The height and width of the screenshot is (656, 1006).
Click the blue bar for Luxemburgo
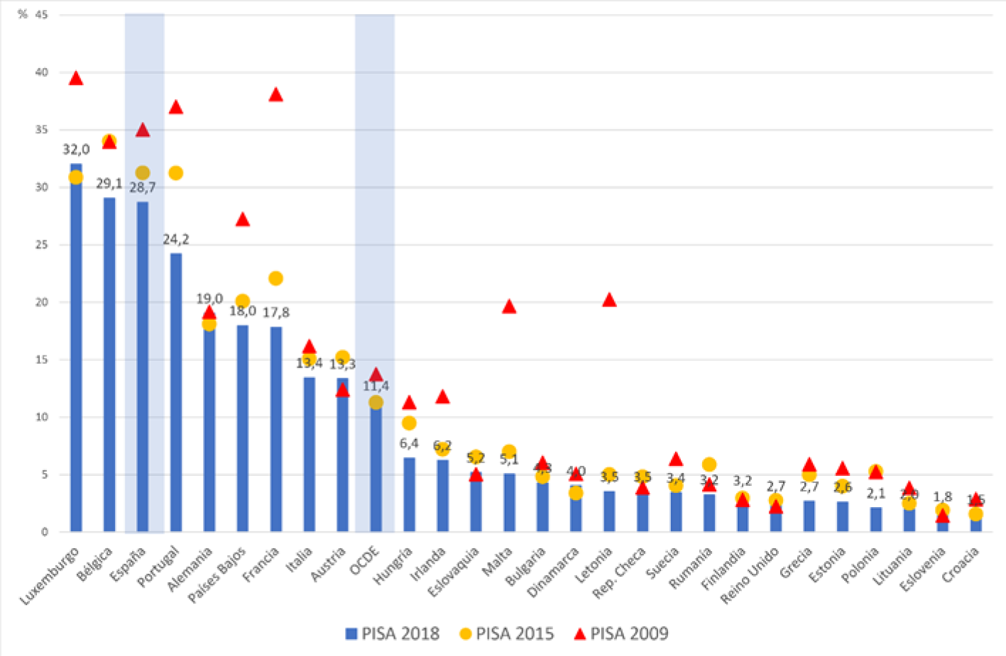click(x=76, y=355)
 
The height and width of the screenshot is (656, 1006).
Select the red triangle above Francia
click(x=275, y=95)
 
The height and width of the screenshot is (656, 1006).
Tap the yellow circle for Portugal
click(x=176, y=173)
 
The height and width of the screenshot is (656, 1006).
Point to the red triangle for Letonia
click(x=609, y=300)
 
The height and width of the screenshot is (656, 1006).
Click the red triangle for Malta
click(x=509, y=307)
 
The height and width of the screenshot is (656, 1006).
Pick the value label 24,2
click(x=176, y=240)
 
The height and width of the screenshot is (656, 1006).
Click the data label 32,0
click(x=76, y=150)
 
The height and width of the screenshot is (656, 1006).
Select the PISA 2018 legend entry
click(x=393, y=633)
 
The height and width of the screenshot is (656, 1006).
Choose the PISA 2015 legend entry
click(x=506, y=633)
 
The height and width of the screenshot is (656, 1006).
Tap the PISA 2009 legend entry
click(x=621, y=633)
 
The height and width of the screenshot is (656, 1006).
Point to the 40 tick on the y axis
click(x=41, y=72)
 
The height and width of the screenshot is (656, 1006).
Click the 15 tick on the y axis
click(x=41, y=360)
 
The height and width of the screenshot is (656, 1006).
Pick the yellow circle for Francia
click(x=275, y=279)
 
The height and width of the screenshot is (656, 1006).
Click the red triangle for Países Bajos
click(x=243, y=220)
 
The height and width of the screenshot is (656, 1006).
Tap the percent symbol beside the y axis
click(x=23, y=14)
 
